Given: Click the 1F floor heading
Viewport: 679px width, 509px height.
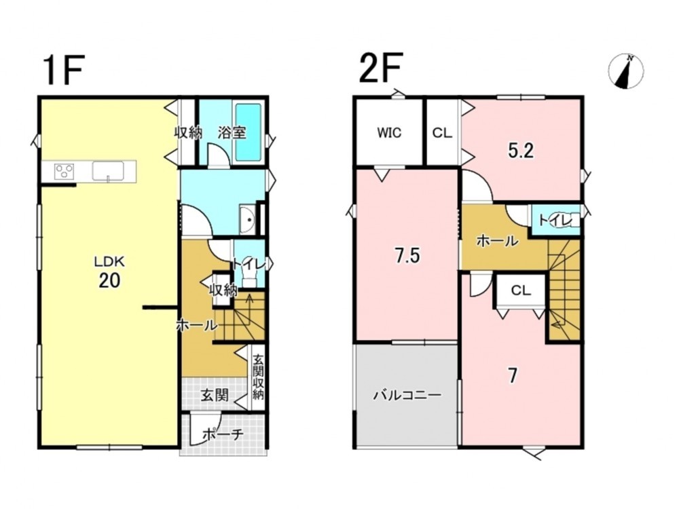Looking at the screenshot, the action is click(62, 69).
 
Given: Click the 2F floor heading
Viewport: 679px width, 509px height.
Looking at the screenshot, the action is click(381, 67).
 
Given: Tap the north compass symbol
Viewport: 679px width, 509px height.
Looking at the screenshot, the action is click(626, 71).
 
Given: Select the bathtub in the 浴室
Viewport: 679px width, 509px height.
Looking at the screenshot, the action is click(248, 133).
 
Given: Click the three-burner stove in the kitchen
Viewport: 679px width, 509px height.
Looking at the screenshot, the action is click(64, 171).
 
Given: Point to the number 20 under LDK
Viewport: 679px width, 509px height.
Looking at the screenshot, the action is click(109, 281).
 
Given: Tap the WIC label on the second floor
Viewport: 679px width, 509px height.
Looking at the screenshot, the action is click(389, 132).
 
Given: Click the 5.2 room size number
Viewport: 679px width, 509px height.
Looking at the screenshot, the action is click(521, 151).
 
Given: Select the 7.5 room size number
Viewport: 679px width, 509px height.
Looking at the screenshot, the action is click(407, 256).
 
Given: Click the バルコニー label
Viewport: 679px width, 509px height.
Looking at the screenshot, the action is click(407, 395).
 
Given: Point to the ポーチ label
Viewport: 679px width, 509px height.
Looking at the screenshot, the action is click(223, 434).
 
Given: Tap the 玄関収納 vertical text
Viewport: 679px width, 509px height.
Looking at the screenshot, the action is click(258, 377).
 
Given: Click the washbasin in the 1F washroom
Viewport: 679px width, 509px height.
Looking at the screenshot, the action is click(248, 219).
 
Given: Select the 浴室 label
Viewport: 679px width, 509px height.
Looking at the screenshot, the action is click(232, 132).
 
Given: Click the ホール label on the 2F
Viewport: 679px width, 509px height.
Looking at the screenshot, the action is click(497, 241).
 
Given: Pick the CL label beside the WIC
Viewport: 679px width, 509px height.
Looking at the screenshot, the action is click(442, 133).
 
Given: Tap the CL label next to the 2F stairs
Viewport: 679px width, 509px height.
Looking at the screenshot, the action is click(521, 290).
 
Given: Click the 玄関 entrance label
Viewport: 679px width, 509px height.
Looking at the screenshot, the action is click(215, 394).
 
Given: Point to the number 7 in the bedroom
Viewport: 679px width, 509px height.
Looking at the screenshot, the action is click(513, 376).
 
